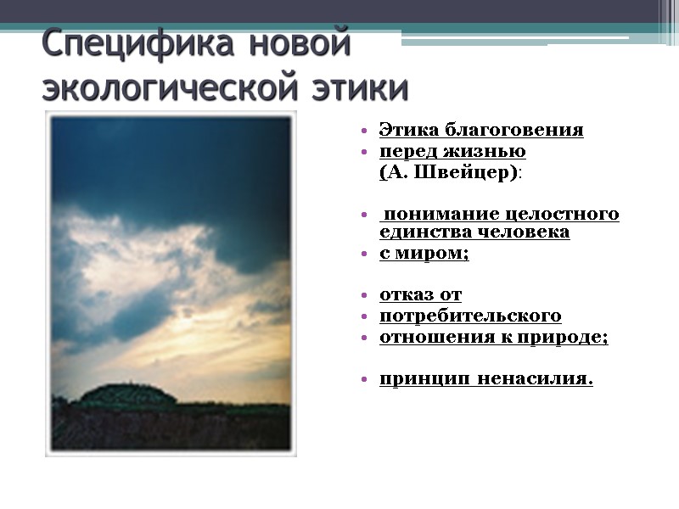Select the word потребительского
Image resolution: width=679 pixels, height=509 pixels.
[x=469, y=316]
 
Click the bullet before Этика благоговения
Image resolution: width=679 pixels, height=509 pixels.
[x=363, y=131]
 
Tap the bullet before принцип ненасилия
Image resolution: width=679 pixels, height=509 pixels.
[x=363, y=380]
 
